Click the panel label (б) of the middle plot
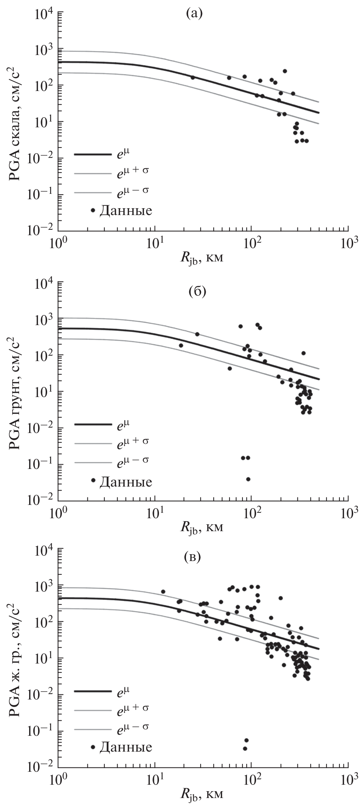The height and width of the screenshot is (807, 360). click(197, 291)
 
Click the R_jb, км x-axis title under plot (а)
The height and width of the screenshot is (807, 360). click(201, 258)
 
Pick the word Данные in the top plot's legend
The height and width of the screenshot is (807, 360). click(126, 210)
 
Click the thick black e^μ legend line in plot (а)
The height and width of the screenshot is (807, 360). click(93, 154)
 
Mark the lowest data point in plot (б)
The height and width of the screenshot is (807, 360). click(248, 479)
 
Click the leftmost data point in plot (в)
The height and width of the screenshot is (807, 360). click(163, 592)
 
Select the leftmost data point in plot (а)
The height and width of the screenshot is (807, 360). click(192, 77)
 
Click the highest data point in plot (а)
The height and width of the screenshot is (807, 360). click(285, 71)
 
